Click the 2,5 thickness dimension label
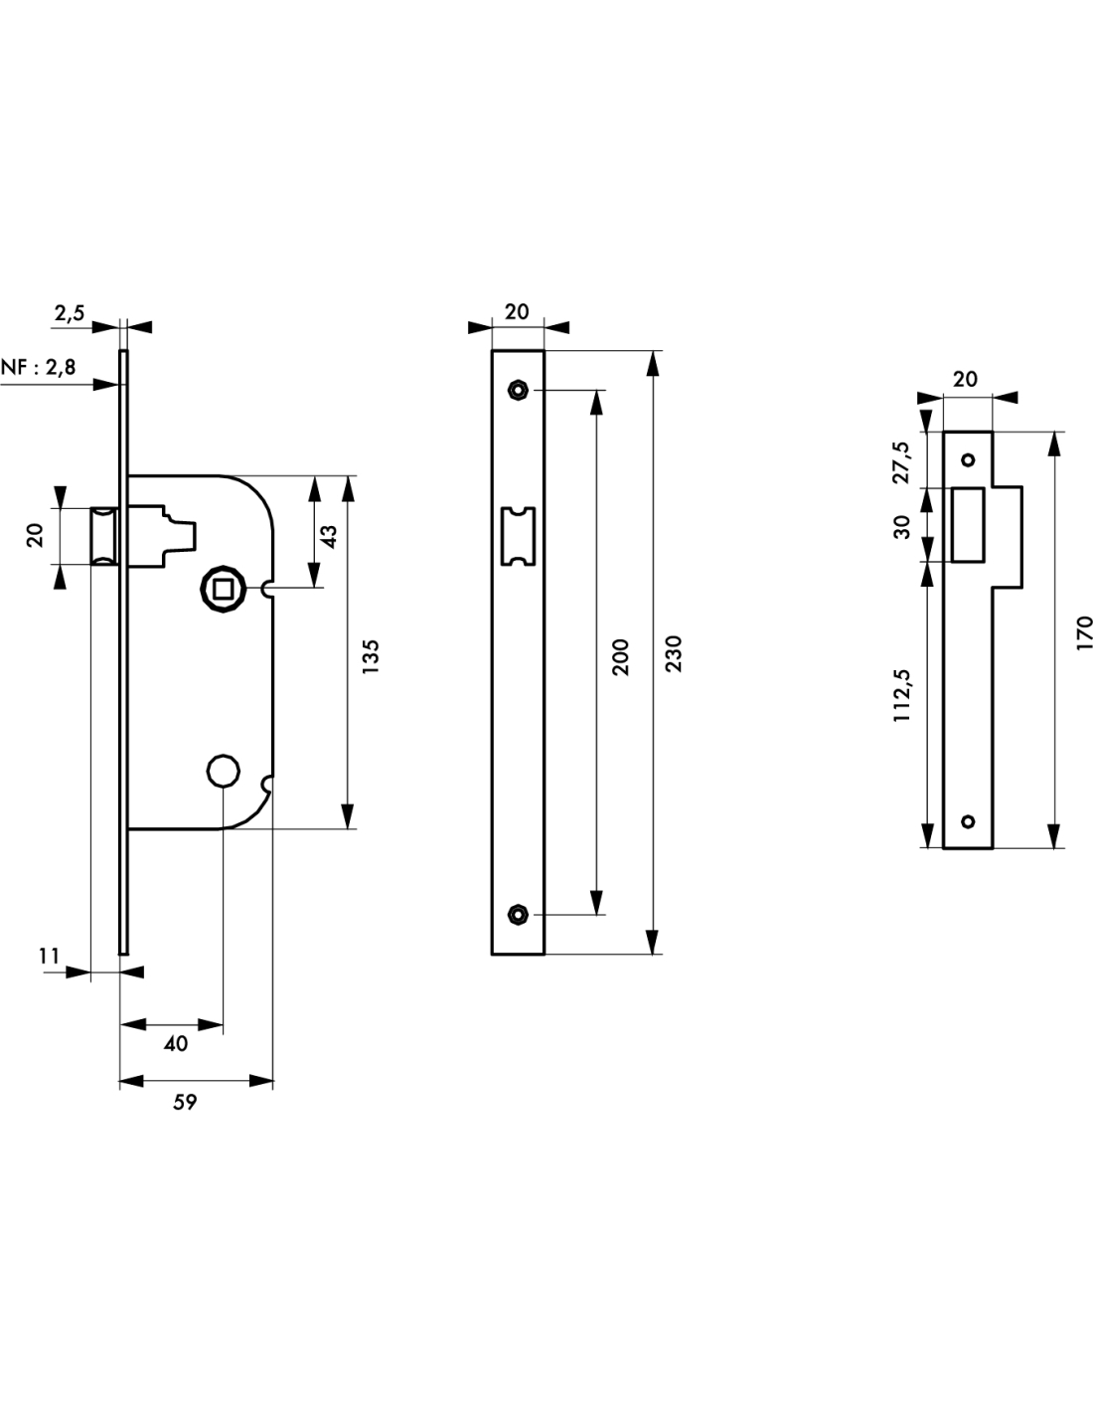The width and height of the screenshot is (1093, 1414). coord(70,314)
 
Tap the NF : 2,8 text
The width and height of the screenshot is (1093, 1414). coord(39,367)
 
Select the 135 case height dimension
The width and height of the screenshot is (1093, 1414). coord(370,657)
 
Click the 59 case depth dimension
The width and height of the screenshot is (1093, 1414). coord(185,1102)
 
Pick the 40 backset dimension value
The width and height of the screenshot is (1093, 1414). coord(175,1043)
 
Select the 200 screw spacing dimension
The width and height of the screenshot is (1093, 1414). coord(621,657)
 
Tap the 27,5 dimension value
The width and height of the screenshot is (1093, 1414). coord(903,461)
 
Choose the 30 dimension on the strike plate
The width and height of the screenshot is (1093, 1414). coord(903,526)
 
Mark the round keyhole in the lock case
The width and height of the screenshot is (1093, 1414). coord(223,769)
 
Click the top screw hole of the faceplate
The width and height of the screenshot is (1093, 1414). coord(517,389)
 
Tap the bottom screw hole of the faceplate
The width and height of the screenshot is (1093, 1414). coord(517,914)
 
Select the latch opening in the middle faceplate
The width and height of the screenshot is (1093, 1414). coord(518,537)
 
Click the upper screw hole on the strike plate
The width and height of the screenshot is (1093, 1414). coord(968,460)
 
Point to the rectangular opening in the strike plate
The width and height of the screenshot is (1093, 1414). coord(968,525)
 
